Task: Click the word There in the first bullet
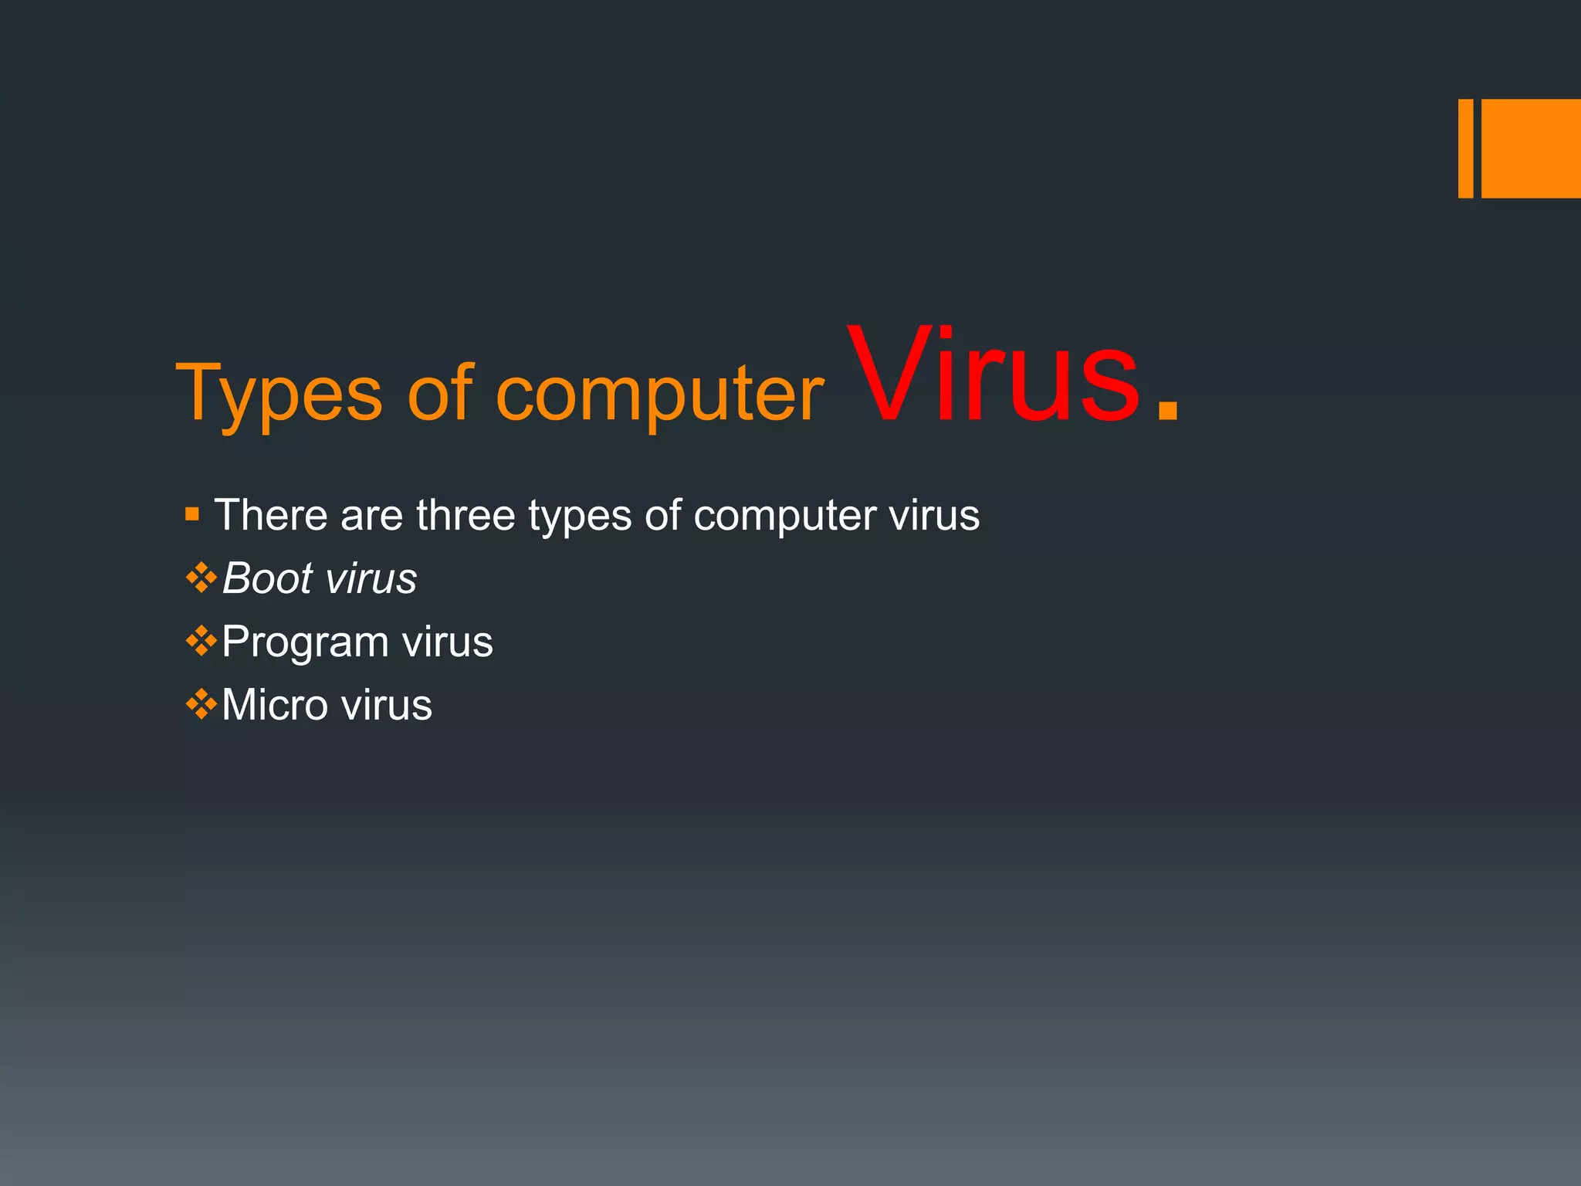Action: coord(270,514)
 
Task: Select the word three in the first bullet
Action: coord(465,514)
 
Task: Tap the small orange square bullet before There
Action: coord(192,513)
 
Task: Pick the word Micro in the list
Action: coord(275,705)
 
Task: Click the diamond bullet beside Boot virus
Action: coord(201,578)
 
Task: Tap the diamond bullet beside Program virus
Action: coord(201,641)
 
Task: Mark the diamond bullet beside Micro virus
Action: coord(201,704)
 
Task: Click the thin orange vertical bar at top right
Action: coord(1465,148)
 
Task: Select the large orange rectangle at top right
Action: coord(1531,148)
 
